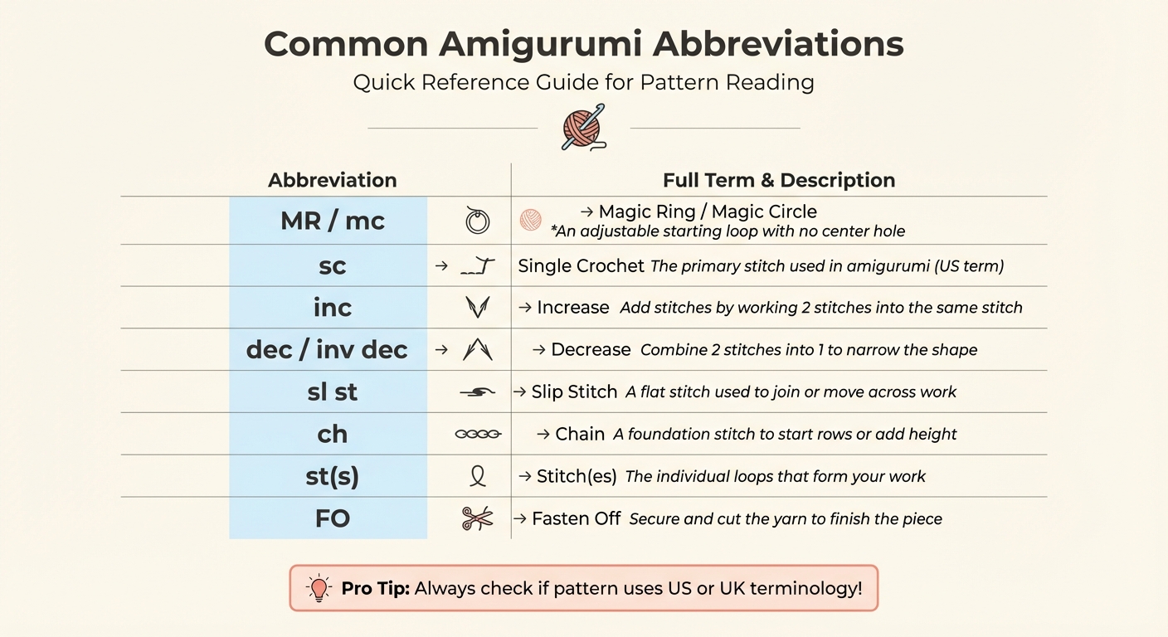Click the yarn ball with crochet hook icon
[583, 128]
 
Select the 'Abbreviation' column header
[332, 180]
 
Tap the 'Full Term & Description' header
[778, 180]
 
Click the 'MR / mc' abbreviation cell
[332, 221]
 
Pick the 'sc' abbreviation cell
[332, 266]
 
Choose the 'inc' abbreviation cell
[332, 308]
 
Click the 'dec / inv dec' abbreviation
[327, 350]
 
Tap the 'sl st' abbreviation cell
[332, 391]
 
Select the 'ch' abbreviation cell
[332, 434]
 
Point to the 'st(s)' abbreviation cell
[332, 477]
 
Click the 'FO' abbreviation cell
[332, 519]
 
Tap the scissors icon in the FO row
[477, 519]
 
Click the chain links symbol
[478, 434]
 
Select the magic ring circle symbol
[477, 221]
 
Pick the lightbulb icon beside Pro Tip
[319, 588]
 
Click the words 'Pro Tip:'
[375, 589]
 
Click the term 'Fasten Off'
[576, 519]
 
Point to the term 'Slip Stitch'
[574, 391]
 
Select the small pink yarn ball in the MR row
[530, 220]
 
